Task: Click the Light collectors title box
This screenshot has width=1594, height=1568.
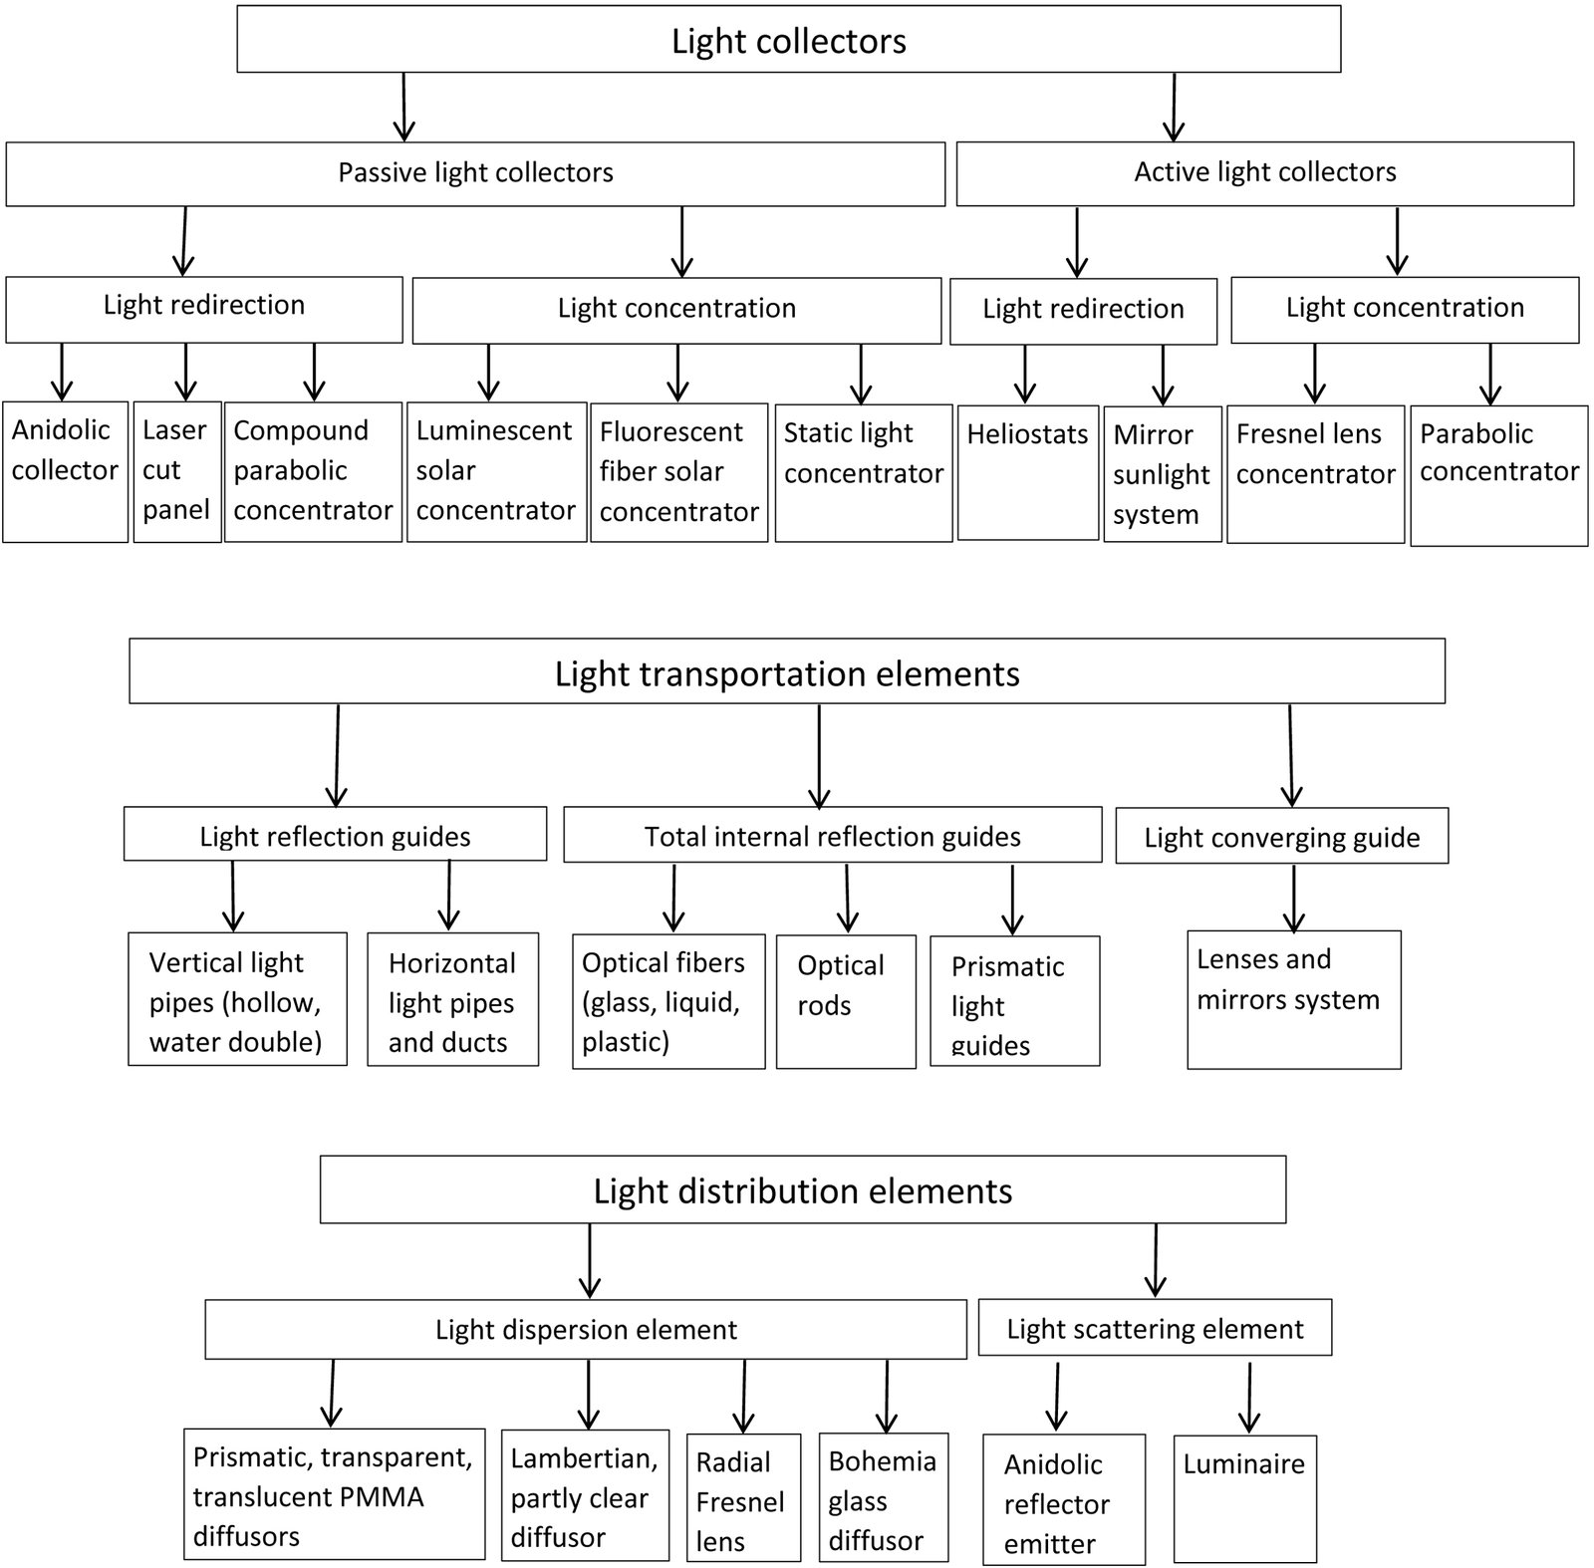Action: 788,40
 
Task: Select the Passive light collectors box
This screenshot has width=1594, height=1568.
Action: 475,173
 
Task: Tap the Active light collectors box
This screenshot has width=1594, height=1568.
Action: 1264,173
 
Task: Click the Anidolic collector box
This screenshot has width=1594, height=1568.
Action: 65,471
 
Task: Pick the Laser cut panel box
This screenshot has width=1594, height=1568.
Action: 177,471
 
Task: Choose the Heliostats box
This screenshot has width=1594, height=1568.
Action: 1028,472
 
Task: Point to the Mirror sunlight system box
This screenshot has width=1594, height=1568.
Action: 1162,473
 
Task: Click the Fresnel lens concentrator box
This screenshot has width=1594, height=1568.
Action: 1315,473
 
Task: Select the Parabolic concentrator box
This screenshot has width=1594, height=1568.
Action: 1498,475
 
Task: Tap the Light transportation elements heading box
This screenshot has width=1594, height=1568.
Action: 787,671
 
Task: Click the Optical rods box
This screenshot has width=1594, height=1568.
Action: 846,1001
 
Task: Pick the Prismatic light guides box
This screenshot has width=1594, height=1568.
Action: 1014,1001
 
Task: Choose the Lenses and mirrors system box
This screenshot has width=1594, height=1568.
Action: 1293,1000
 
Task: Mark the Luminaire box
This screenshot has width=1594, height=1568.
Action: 1244,1498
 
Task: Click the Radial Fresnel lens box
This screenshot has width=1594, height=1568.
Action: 743,1497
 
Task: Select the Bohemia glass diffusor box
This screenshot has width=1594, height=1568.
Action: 883,1497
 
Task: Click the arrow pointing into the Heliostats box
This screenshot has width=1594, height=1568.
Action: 1025,374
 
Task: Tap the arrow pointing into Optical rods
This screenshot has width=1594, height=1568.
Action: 847,898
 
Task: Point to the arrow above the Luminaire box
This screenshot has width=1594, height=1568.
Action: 1249,1398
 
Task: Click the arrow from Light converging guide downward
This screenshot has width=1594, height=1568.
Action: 1293,899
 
